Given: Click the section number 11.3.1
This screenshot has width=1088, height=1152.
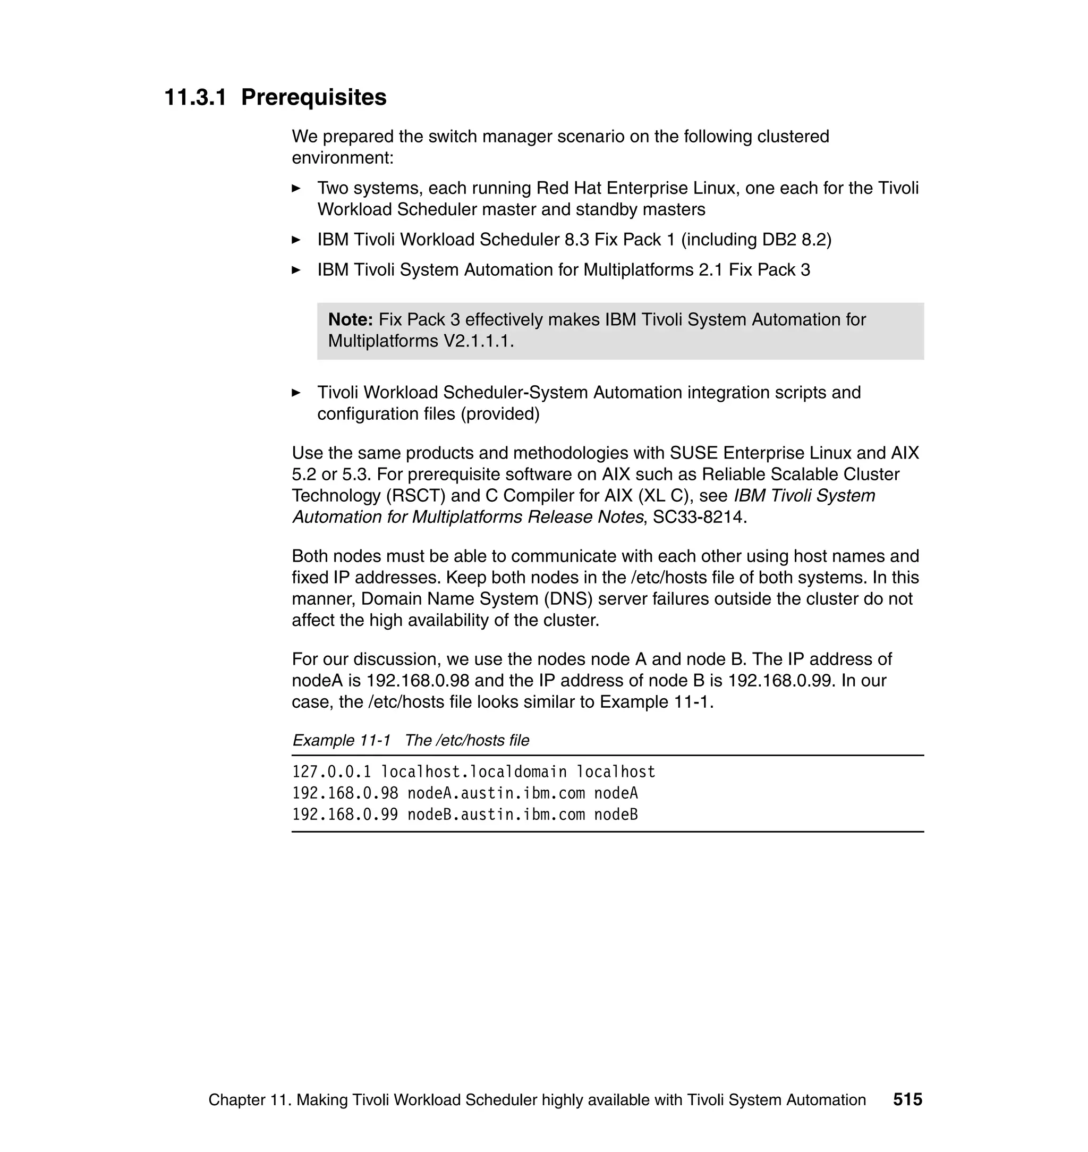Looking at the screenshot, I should coord(195,97).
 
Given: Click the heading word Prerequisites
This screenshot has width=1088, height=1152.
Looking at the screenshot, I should coord(314,97).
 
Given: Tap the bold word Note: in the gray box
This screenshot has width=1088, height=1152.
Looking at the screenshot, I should coord(350,319).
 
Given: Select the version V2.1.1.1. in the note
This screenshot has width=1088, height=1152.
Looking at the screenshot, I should coord(479,341).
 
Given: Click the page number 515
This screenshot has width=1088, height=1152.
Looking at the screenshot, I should coord(907,1100).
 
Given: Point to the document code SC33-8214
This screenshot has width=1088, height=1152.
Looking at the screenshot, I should coord(699,517).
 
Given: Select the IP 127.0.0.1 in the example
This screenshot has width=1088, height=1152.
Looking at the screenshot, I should coord(331,772).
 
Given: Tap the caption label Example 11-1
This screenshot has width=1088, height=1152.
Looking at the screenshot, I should coord(341,741).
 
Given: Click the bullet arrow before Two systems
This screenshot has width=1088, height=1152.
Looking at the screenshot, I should coord(296,189).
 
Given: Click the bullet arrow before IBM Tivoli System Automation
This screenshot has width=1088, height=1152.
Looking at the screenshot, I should coord(296,270).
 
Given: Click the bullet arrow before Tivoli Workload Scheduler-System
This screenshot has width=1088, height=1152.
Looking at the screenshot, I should coord(296,393).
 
